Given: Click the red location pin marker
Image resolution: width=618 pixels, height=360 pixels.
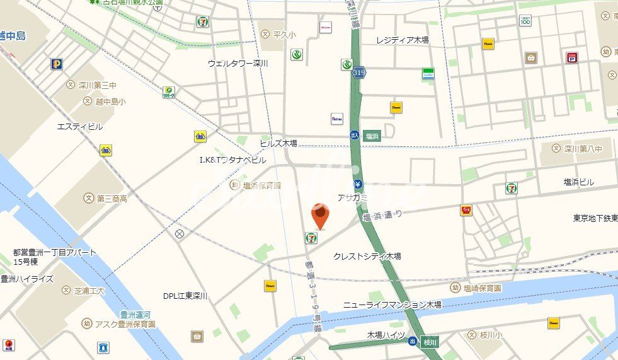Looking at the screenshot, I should point(321,218).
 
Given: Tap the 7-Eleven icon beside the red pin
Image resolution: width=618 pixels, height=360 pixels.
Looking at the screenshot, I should point(311,237).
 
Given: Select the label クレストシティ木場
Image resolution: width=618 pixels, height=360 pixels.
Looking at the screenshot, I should point(367,256).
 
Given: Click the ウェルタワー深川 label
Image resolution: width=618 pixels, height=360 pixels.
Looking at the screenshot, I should point(238,63).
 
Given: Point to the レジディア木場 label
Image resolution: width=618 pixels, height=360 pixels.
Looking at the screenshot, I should point(403,40).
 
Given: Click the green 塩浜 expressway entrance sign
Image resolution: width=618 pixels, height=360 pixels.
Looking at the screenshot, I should point(372,135).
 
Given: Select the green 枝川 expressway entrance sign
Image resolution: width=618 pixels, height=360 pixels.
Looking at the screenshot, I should point(430,341).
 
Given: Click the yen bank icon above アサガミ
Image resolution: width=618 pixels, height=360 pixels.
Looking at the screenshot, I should point(357,185).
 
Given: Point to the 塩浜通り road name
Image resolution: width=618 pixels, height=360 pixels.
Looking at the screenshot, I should point(382,215).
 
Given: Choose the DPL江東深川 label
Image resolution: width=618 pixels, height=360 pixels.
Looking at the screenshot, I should point(185,296).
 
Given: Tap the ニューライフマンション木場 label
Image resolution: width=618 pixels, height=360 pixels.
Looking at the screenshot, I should point(392,305).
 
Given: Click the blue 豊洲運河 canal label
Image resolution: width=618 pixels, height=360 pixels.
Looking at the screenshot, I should point(135,314).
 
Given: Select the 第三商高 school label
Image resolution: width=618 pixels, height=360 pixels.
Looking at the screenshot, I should point(112,199).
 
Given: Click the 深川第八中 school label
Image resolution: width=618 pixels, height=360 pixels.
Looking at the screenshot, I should point(583,149).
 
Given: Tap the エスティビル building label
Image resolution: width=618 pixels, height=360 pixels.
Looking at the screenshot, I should point(79,127).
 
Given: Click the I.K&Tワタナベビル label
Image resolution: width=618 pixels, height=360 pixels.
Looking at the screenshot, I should point(232,160).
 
